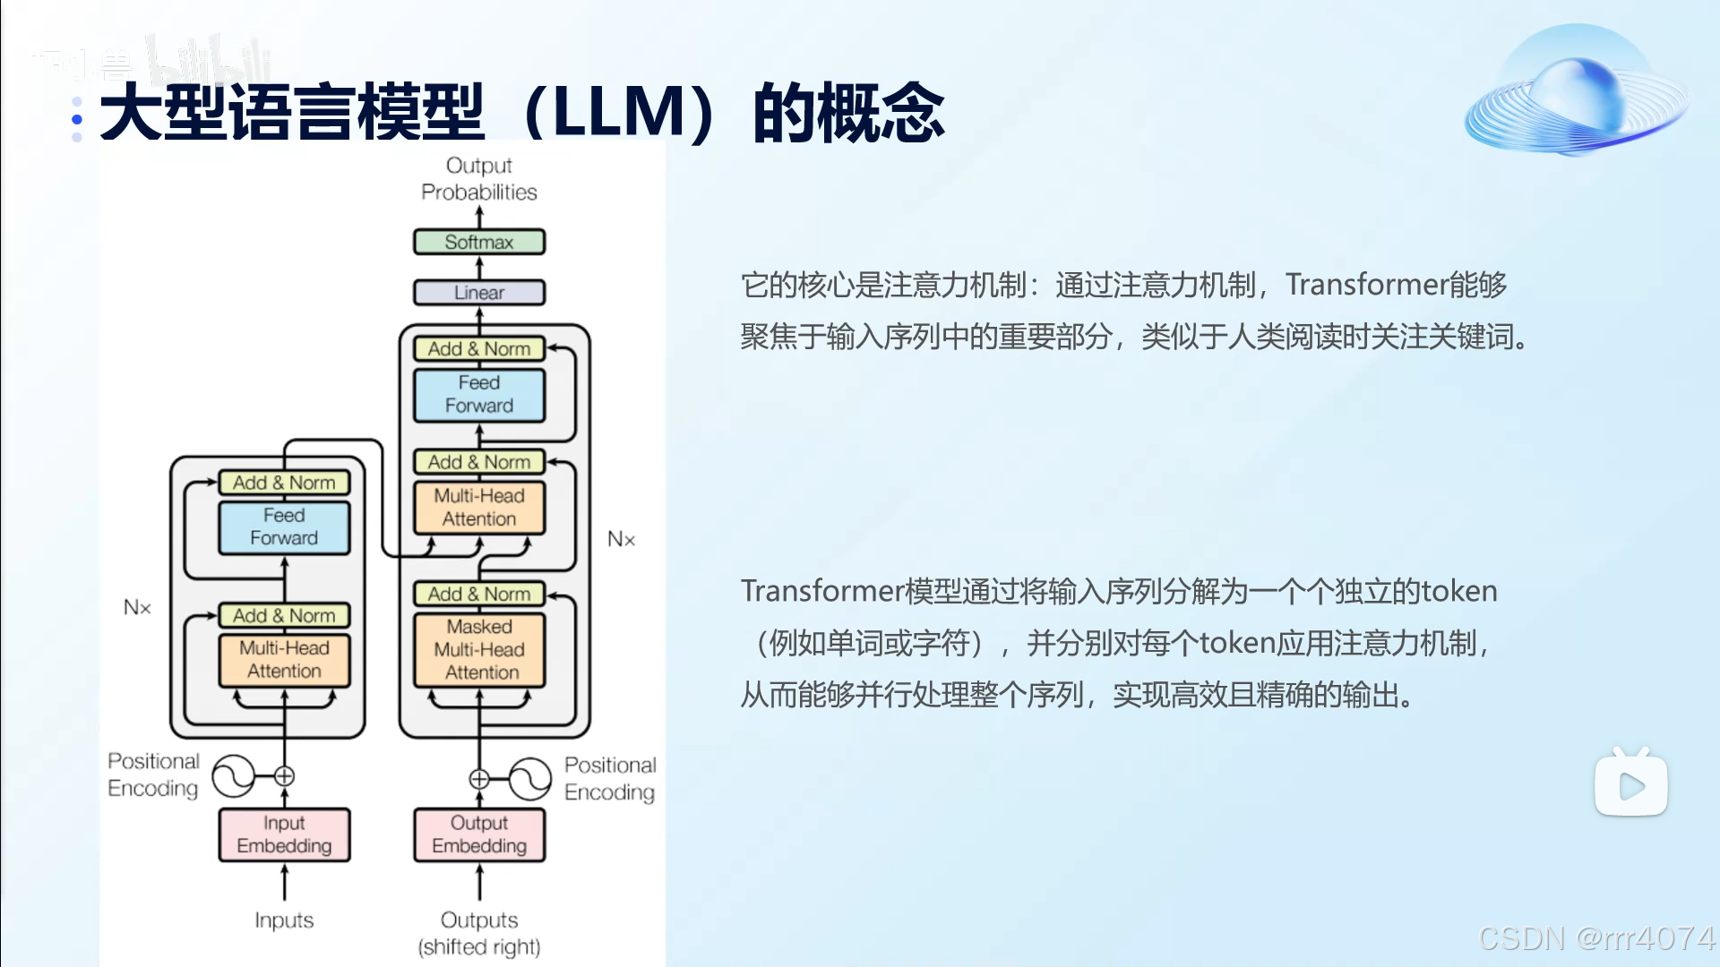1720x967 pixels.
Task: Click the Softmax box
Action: click(479, 242)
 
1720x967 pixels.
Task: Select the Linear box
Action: click(479, 293)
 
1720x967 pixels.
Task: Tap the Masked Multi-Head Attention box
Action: click(479, 650)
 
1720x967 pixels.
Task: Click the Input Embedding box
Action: click(284, 834)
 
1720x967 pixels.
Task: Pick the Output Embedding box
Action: click(479, 834)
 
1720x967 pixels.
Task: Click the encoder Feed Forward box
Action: click(284, 526)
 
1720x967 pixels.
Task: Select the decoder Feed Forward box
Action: click(479, 395)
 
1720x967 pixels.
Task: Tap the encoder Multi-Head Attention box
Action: click(284, 660)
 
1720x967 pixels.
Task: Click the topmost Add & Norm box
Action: click(479, 348)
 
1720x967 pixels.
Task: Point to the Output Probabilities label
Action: click(479, 179)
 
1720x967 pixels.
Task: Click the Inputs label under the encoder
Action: click(284, 920)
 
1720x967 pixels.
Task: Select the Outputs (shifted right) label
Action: click(479, 933)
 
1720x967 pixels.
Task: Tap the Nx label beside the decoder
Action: click(621, 539)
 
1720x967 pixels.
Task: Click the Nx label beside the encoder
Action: click(137, 608)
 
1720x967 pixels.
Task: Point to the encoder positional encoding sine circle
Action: click(234, 776)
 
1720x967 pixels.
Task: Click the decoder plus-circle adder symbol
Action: click(479, 778)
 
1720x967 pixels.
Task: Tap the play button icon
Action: click(1630, 786)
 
